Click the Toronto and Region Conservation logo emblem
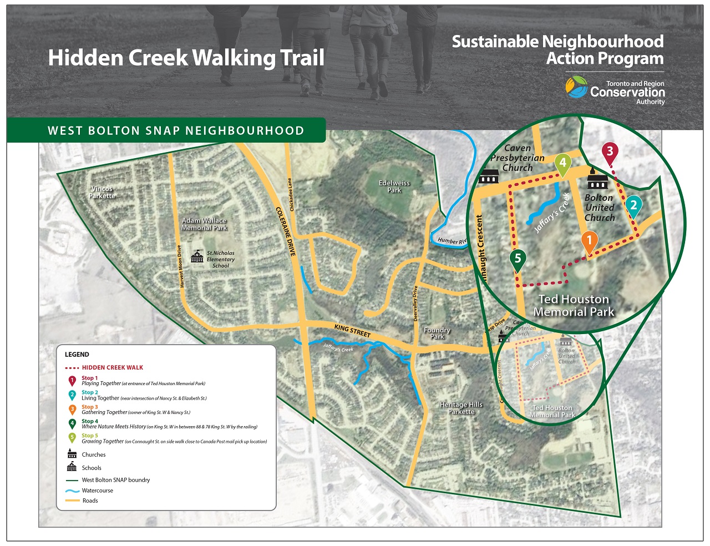(x=576, y=87)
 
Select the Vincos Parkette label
(x=102, y=193)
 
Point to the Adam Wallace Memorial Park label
(x=204, y=224)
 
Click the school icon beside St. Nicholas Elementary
(x=197, y=256)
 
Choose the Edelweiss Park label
(x=394, y=186)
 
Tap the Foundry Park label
(x=437, y=333)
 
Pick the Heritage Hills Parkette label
(x=461, y=408)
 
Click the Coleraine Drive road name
(x=286, y=231)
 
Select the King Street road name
(x=352, y=331)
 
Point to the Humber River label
(x=452, y=241)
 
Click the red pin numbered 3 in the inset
(x=610, y=153)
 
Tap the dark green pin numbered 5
(x=518, y=260)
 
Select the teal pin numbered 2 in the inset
(x=633, y=206)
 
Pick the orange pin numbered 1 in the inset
(x=589, y=242)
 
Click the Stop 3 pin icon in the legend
(x=72, y=410)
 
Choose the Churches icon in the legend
(x=72, y=454)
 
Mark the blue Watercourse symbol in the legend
(x=72, y=491)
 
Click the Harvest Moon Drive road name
(x=180, y=266)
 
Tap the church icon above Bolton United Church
(x=597, y=179)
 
